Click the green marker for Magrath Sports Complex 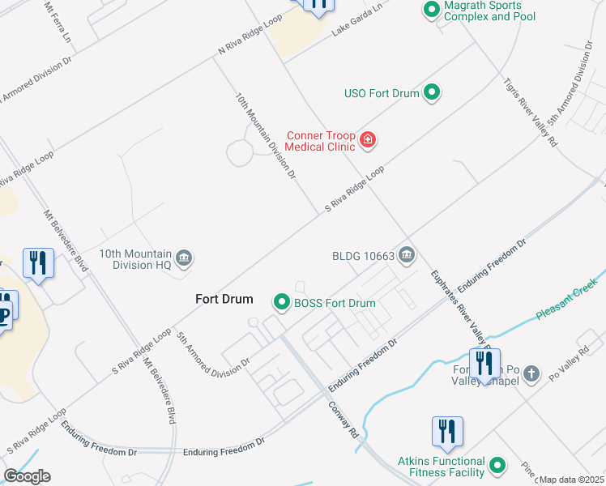coord(431,10)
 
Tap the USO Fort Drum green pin coord(432,92)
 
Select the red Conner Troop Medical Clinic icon coord(368,140)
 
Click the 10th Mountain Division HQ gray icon coord(184,258)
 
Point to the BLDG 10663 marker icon coord(407,256)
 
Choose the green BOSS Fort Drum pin coord(282,303)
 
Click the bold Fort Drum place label coord(224,299)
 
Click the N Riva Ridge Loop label coord(250,36)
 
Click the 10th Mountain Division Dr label coord(267,134)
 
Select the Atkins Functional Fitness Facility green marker coord(497,466)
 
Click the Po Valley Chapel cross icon coord(531,374)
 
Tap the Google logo coord(27,476)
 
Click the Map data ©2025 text coord(571,480)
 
